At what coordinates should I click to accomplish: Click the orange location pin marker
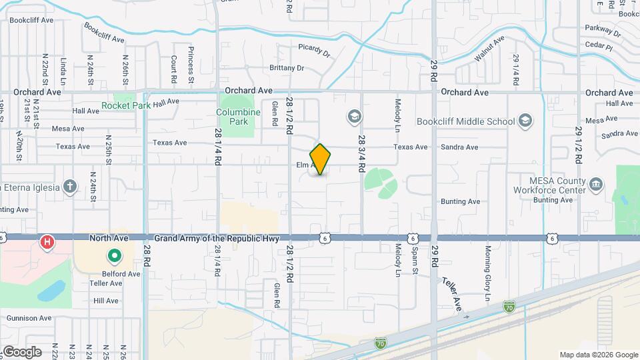click(320, 159)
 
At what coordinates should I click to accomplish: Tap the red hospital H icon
click(47, 241)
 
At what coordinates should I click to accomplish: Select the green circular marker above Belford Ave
click(114, 255)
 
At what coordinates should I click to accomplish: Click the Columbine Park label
click(238, 117)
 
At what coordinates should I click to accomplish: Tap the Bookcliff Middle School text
click(465, 121)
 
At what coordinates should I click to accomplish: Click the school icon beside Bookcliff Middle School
click(525, 121)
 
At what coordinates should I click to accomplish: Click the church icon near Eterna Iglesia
click(71, 186)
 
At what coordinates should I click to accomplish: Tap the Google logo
click(22, 352)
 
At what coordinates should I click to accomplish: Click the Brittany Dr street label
click(287, 68)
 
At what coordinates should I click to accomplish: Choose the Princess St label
click(191, 60)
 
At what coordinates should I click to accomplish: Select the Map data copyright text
click(598, 355)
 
